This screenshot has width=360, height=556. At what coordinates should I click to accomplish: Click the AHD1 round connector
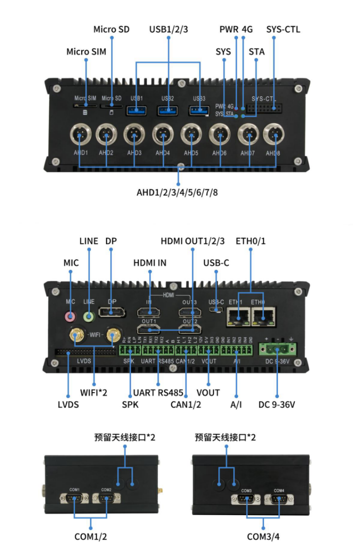[80, 135]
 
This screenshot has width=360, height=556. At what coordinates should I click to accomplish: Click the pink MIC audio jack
[70, 316]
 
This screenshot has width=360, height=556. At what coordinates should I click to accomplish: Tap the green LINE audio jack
[89, 316]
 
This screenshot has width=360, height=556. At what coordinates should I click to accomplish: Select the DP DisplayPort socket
[112, 313]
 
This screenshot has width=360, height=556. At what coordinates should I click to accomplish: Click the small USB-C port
[216, 311]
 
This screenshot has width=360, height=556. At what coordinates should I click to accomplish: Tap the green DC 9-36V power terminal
[277, 350]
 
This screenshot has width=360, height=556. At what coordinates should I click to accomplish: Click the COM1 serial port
[75, 499]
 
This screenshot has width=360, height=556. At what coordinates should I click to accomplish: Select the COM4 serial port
[279, 498]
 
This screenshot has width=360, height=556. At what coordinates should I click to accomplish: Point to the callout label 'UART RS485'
[158, 393]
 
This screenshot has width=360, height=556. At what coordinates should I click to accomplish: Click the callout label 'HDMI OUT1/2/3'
[193, 241]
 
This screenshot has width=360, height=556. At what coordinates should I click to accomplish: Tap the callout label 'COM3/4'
[263, 536]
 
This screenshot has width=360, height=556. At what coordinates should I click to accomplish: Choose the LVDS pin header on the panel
[85, 352]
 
